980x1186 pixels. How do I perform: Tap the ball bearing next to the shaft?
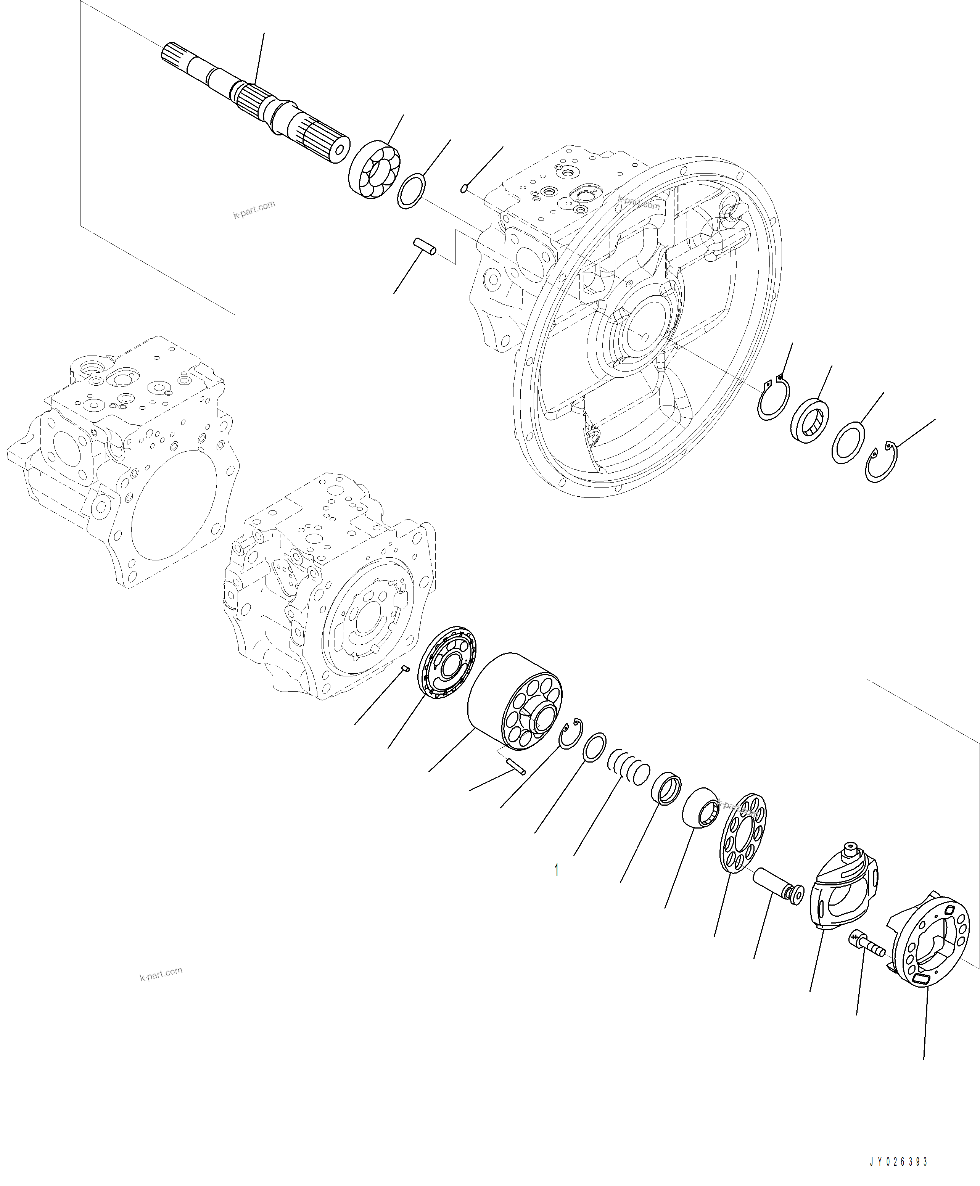(374, 169)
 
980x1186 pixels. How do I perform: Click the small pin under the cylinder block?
(517, 767)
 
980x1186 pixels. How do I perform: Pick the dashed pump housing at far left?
(121, 463)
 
